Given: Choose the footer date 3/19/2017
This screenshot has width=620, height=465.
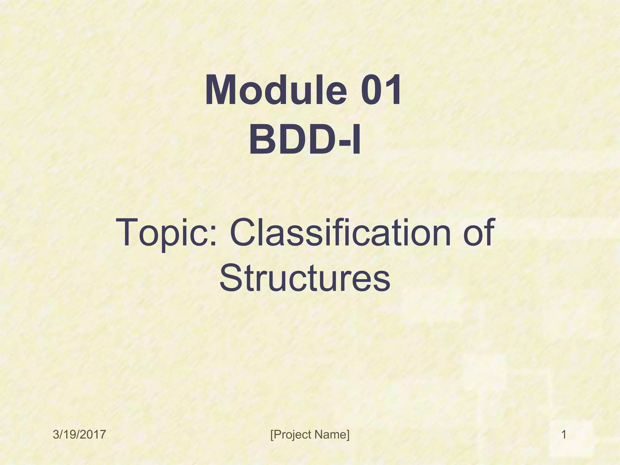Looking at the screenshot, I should pos(79,435).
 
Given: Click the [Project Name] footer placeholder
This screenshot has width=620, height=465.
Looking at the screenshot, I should pos(310,435).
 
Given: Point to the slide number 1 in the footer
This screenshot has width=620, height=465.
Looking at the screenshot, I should pos(564,435).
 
